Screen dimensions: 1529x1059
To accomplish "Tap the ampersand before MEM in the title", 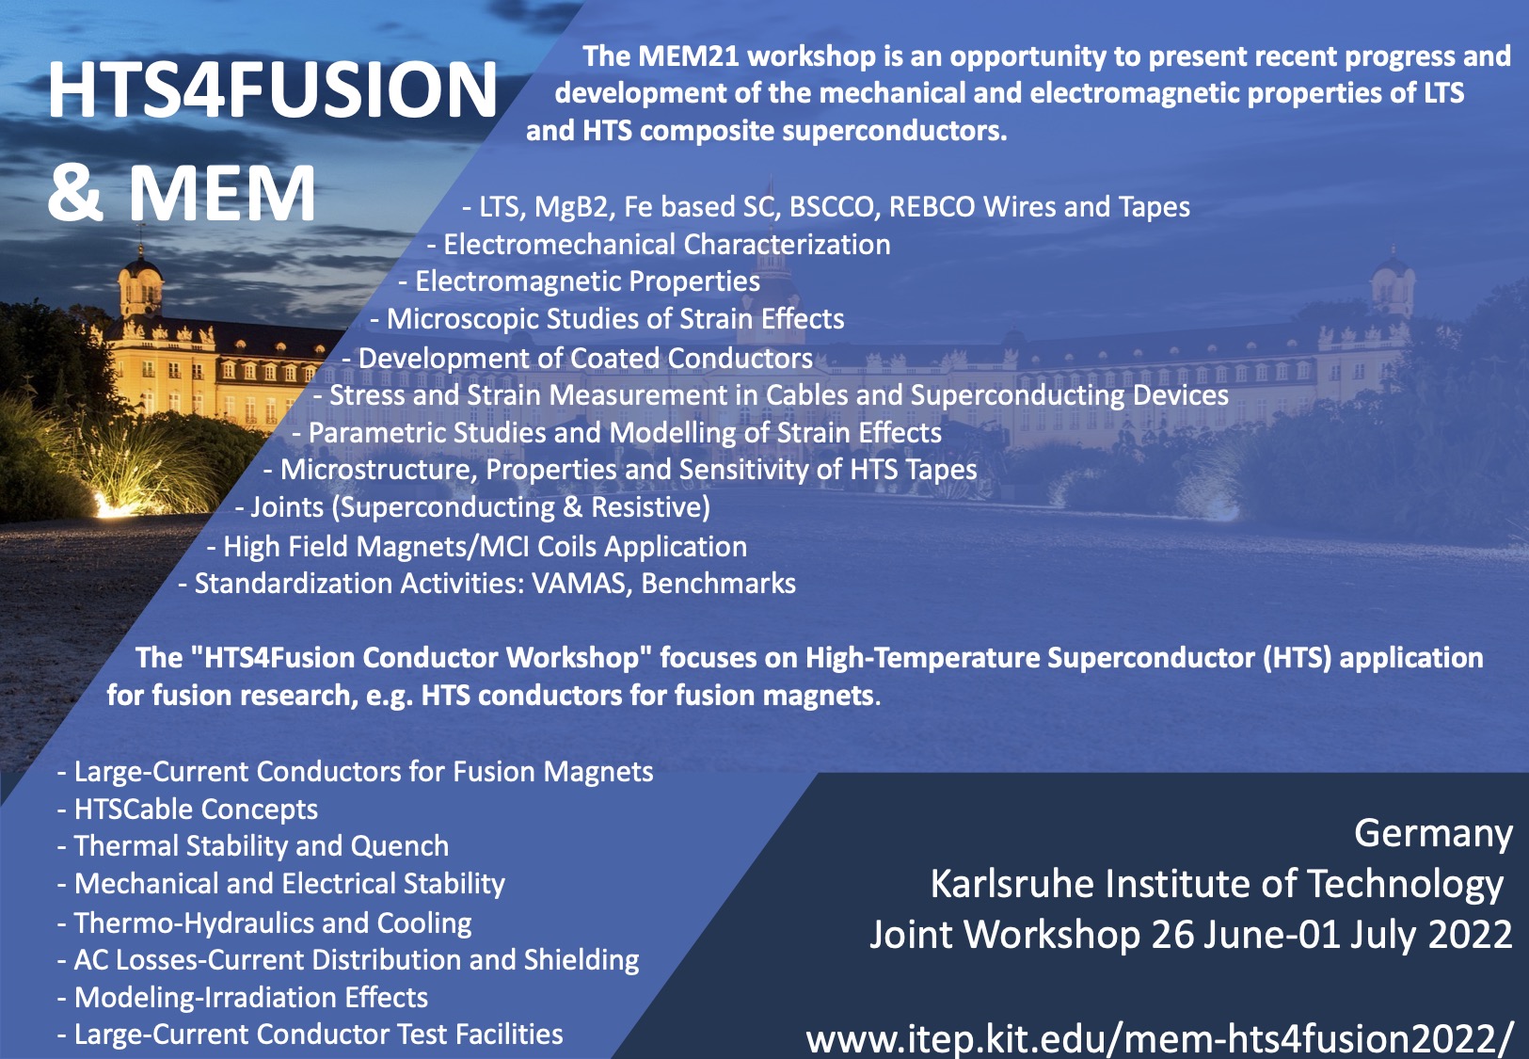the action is pyautogui.click(x=75, y=192).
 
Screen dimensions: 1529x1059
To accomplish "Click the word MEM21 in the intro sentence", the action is pyautogui.click(x=689, y=56).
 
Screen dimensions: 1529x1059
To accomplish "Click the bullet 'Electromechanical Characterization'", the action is pyautogui.click(x=659, y=245).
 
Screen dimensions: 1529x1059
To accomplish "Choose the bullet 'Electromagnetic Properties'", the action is pyautogui.click(x=579, y=281).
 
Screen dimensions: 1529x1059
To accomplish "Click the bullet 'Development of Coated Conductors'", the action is pyautogui.click(x=578, y=359).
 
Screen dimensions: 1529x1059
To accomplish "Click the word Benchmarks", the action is pyautogui.click(x=719, y=584).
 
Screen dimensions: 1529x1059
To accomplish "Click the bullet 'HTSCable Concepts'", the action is pyautogui.click(x=187, y=810).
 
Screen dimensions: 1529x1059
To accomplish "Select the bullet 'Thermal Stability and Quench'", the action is pyautogui.click(x=253, y=846).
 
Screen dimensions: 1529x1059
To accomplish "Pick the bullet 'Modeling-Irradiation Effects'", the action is pyautogui.click(x=243, y=998).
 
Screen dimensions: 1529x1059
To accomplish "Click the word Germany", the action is pyautogui.click(x=1433, y=834).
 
